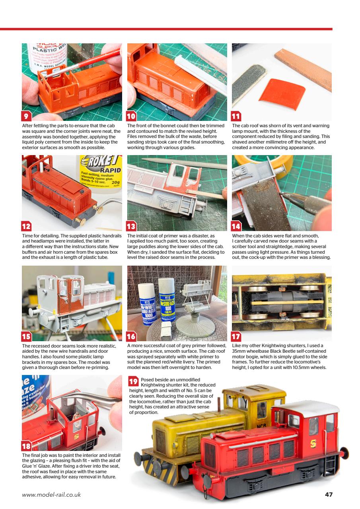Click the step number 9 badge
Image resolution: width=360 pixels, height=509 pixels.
[x=26, y=116]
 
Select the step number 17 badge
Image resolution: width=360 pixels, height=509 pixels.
[x=236, y=337]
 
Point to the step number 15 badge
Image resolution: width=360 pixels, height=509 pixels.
[x=27, y=337]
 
